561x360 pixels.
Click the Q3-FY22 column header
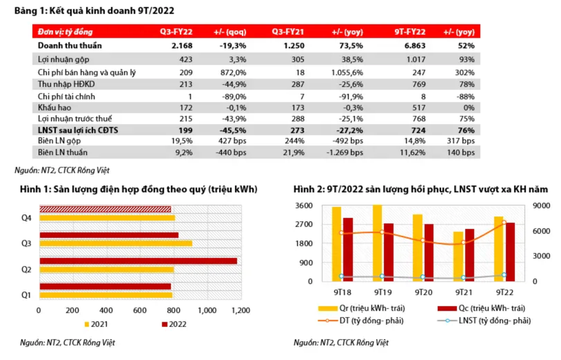click(x=176, y=32)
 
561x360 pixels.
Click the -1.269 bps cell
click(x=345, y=152)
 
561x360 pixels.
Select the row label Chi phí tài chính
click(x=66, y=96)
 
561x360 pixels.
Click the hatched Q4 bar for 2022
click(x=105, y=209)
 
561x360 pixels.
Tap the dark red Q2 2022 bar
click(x=138, y=261)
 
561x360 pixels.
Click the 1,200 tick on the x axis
click(x=240, y=310)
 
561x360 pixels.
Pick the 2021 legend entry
click(x=96, y=324)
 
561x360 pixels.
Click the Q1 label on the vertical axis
click(x=26, y=295)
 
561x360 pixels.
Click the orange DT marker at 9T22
click(x=503, y=223)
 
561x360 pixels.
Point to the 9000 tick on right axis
click(x=542, y=206)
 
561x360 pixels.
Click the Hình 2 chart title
click(x=420, y=190)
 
